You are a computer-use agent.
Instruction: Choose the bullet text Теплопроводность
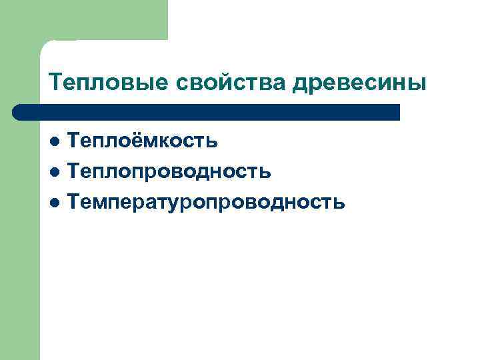coord(170,171)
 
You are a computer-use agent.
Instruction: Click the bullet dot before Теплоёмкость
coord(56,141)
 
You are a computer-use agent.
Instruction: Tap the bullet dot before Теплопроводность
coord(56,172)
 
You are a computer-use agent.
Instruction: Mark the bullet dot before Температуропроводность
coord(56,203)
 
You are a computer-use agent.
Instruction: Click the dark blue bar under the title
coord(207,112)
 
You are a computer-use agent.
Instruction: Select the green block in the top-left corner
coord(83,20)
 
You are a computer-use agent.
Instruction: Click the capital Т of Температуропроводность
coord(74,202)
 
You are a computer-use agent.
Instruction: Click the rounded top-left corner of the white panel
coord(45,45)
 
